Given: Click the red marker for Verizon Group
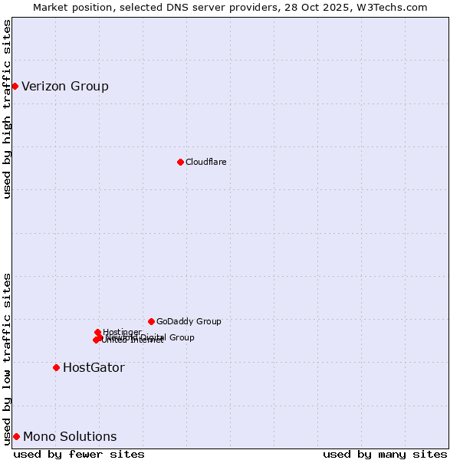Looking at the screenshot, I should click(x=15, y=86).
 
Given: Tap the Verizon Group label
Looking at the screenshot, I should click(x=65, y=86).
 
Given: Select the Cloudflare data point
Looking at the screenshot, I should click(x=180, y=162).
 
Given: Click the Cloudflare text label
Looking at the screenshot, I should click(x=205, y=162).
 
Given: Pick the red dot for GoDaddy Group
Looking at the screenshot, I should click(x=151, y=321).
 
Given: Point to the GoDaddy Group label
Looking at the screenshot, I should click(x=189, y=321).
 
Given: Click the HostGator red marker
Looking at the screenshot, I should click(x=56, y=367).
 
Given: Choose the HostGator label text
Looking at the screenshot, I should click(x=94, y=367).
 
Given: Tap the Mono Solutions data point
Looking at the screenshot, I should click(x=16, y=436).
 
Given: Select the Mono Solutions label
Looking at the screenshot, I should click(x=70, y=436).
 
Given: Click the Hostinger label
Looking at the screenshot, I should click(x=122, y=332).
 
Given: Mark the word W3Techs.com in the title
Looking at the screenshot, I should click(x=395, y=7).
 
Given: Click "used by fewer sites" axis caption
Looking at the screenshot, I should click(x=79, y=454).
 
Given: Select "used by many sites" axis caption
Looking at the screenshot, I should click(x=385, y=454).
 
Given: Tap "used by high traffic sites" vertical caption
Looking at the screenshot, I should click(x=7, y=109).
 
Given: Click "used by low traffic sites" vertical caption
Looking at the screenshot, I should click(x=7, y=358).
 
